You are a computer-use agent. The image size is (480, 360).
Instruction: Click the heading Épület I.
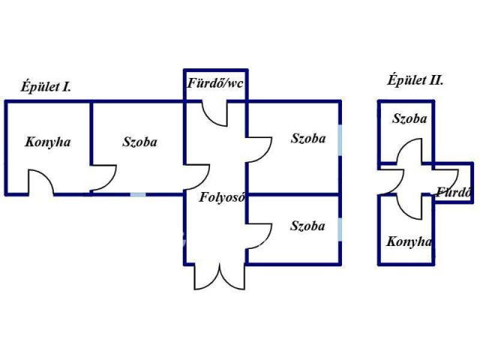click(x=46, y=87)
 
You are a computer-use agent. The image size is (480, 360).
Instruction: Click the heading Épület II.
click(x=415, y=80)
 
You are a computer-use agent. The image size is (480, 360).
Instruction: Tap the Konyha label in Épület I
click(x=48, y=142)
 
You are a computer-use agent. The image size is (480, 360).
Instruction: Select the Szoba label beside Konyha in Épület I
click(x=140, y=142)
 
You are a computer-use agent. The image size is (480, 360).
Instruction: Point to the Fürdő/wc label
click(x=215, y=84)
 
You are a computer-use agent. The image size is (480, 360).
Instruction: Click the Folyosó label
click(x=223, y=198)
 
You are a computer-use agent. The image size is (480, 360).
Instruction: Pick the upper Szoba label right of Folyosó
click(x=308, y=139)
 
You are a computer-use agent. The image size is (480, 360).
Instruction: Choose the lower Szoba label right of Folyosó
click(x=308, y=226)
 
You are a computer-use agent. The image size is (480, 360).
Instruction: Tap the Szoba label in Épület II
click(x=409, y=119)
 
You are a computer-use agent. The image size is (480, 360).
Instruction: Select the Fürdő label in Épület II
click(x=454, y=191)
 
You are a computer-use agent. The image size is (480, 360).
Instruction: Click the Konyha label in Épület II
click(x=409, y=241)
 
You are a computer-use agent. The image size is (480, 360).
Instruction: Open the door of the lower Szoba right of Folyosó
click(x=259, y=234)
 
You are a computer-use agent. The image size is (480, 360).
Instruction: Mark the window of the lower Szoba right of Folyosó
click(x=341, y=228)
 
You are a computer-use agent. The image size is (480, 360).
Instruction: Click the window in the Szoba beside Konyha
click(x=138, y=194)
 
